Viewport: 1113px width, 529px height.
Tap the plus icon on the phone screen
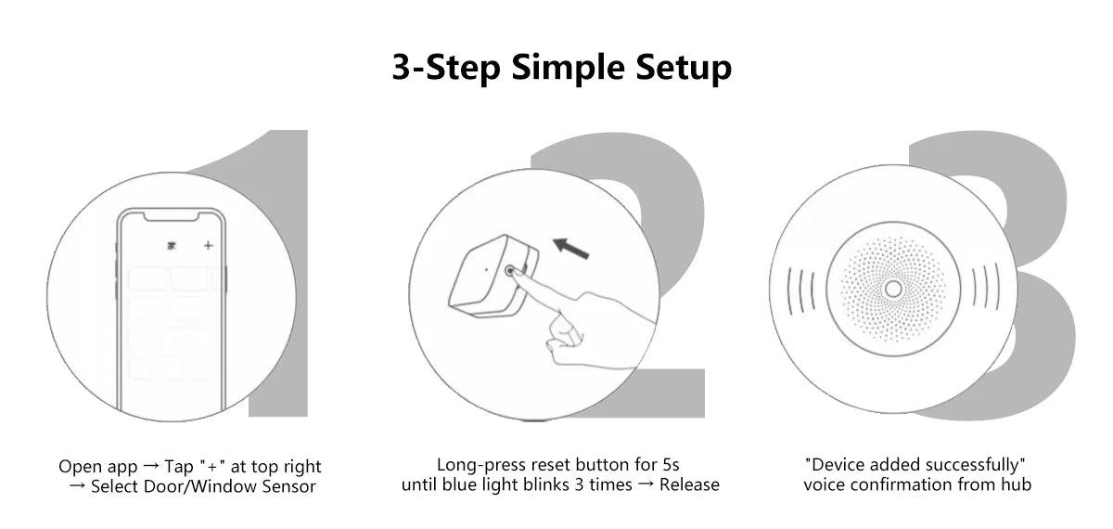click(x=209, y=246)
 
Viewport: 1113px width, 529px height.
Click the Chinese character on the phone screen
click(x=171, y=246)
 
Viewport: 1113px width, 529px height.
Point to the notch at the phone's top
click(x=171, y=217)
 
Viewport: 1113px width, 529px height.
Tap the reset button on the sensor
click(x=511, y=270)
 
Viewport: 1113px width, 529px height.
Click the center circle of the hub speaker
click(x=892, y=290)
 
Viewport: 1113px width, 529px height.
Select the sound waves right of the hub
click(x=984, y=290)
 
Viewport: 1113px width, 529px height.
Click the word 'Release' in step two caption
click(x=689, y=484)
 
